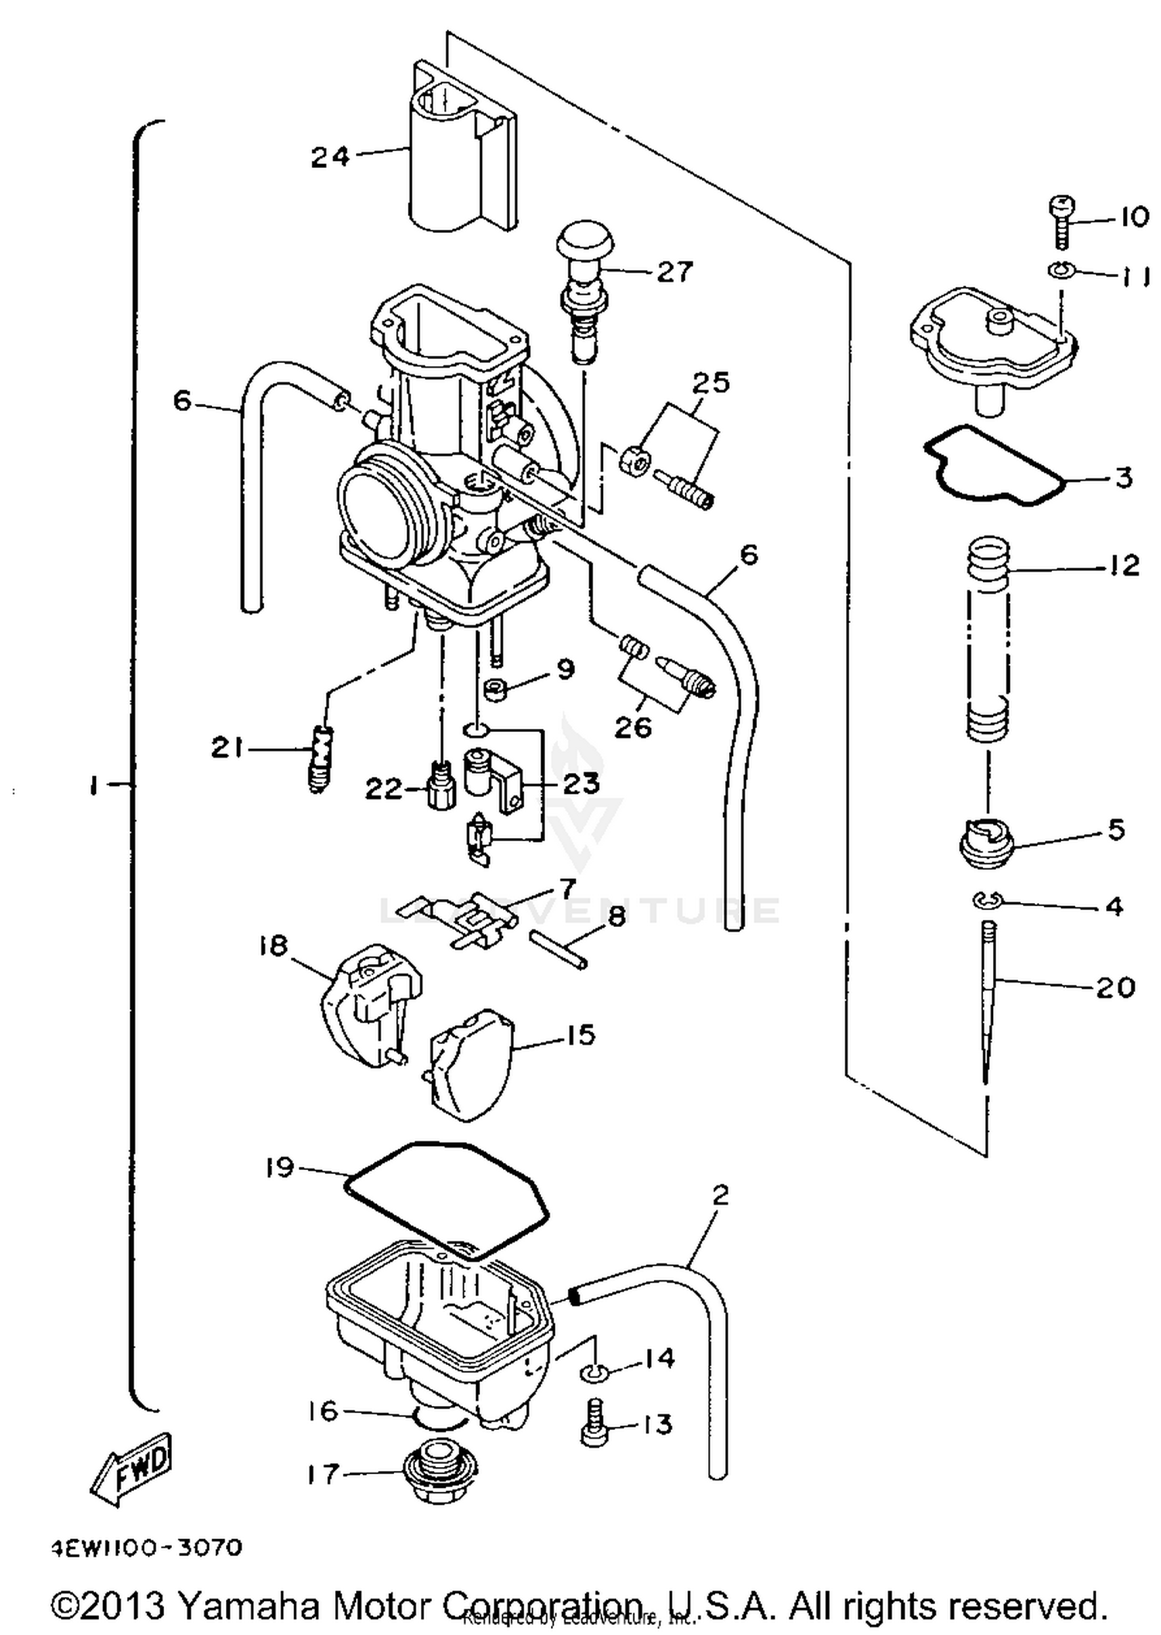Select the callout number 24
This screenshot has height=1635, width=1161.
(330, 157)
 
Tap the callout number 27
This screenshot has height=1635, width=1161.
(675, 272)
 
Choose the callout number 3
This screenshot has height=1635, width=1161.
(1124, 477)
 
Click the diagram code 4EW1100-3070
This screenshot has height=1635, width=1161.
(147, 1548)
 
